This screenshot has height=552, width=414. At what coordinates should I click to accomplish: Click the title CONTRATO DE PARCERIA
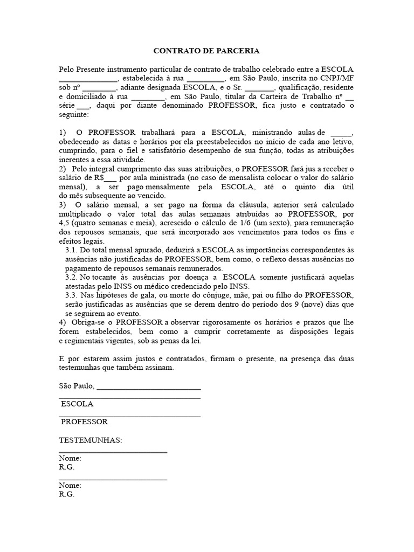[206, 51]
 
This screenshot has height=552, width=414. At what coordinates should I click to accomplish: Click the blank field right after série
[84, 106]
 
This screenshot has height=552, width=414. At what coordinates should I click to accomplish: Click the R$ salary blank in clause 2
[110, 177]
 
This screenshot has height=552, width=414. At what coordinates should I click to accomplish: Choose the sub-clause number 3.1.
[71, 251]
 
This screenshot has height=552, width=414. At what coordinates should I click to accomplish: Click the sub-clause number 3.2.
[71, 277]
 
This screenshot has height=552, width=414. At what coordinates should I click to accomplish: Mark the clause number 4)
[63, 322]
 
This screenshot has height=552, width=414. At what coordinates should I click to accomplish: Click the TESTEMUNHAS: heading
[91, 440]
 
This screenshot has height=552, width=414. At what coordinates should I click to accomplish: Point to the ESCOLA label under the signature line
[77, 404]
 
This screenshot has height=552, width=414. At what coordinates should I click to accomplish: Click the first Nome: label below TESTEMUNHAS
[71, 458]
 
